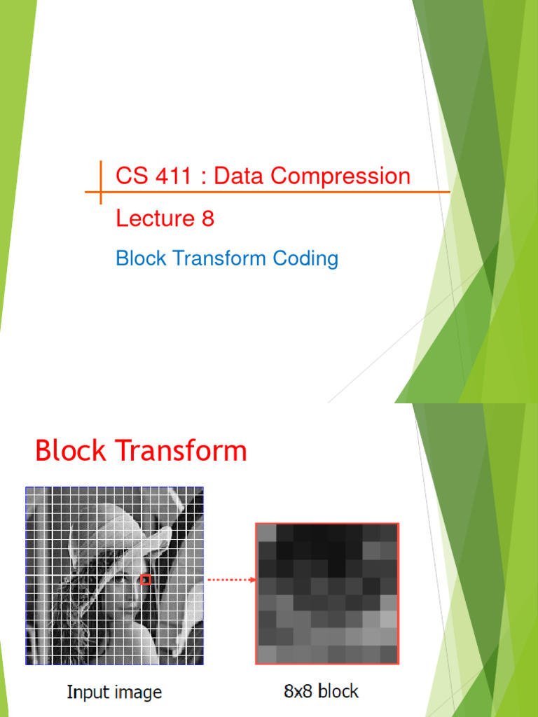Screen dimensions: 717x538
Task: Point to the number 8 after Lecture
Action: (x=207, y=219)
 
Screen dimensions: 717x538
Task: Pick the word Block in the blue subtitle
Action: (x=141, y=258)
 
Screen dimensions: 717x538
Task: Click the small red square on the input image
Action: (x=146, y=580)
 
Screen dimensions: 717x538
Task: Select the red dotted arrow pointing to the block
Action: (x=231, y=580)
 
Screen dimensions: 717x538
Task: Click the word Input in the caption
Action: (x=87, y=692)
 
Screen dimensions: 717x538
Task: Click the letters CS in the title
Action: (x=131, y=176)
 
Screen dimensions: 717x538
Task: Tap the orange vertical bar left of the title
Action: (x=101, y=182)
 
